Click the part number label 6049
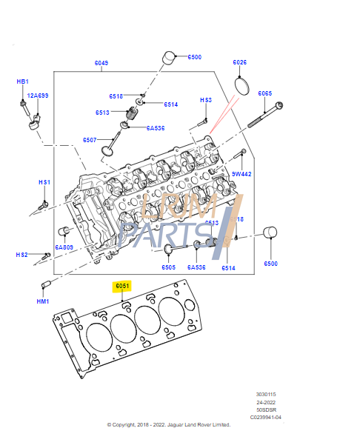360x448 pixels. [x=101, y=63]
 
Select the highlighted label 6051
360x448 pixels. [x=122, y=286]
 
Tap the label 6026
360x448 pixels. [x=239, y=63]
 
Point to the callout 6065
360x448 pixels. [x=265, y=93]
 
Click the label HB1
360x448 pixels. [x=23, y=81]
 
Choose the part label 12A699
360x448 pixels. [x=38, y=96]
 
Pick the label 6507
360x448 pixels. [x=90, y=140]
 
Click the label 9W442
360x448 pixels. [x=242, y=174]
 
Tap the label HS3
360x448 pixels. [x=206, y=100]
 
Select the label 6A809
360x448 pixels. [x=64, y=247]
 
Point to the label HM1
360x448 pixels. [x=43, y=301]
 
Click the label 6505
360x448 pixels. [x=169, y=267]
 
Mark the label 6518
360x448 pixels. [x=116, y=96]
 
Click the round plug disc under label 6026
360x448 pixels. [x=243, y=86]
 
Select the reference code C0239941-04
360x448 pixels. [x=265, y=417]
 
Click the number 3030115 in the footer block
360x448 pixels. [x=265, y=395]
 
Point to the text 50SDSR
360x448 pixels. [x=265, y=409]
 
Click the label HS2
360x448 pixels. [x=22, y=255]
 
